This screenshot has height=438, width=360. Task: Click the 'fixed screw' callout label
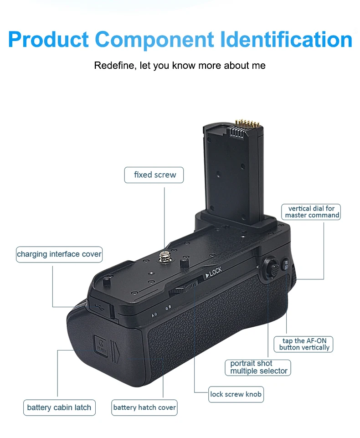[x=154, y=175]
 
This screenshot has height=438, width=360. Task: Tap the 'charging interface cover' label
[x=59, y=254]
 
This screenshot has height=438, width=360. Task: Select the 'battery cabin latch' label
[x=59, y=407]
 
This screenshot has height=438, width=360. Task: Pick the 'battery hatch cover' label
[x=144, y=407]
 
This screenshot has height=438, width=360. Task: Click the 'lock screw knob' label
[x=236, y=394]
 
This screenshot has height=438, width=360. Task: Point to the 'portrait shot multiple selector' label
[x=258, y=367]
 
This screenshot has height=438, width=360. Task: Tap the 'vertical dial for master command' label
[x=312, y=212]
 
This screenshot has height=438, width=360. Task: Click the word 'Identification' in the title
[x=288, y=40]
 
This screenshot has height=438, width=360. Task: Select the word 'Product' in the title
[x=49, y=40]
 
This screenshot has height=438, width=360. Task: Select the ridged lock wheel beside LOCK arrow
[x=185, y=288]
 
